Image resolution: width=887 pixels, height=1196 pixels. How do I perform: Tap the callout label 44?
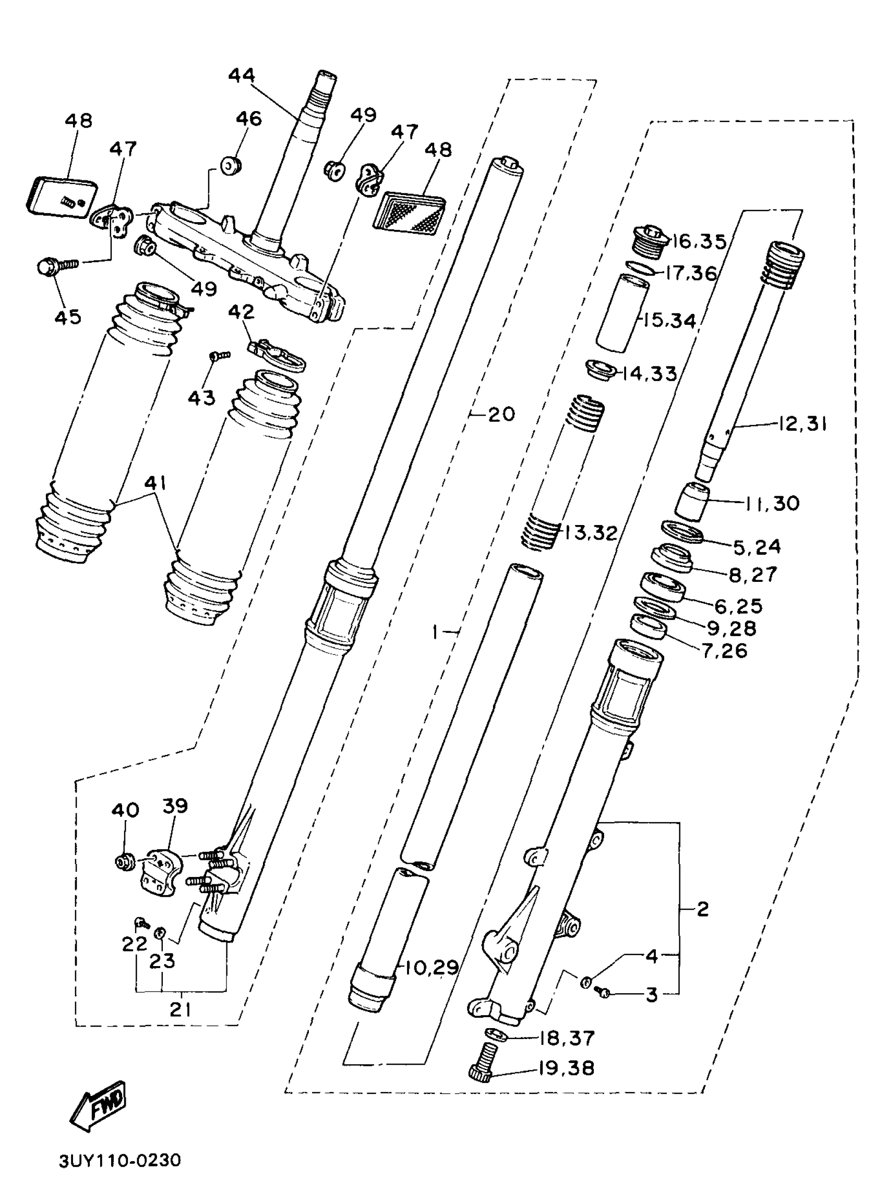[x=242, y=75]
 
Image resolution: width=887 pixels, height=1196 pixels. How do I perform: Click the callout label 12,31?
[x=802, y=424]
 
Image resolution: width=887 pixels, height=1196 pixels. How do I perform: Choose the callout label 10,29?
[x=431, y=967]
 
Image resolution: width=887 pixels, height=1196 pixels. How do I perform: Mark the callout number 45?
[x=68, y=316]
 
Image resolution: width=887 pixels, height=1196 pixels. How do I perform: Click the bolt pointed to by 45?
[x=54, y=266]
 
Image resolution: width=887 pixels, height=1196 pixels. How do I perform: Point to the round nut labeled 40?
[x=125, y=861]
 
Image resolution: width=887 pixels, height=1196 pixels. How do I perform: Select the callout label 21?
[x=181, y=1010]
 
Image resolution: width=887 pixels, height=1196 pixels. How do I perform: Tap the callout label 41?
[x=155, y=483]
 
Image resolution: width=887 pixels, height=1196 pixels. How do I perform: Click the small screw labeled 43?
[x=220, y=355]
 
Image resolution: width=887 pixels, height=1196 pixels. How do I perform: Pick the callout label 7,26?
[x=724, y=651]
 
